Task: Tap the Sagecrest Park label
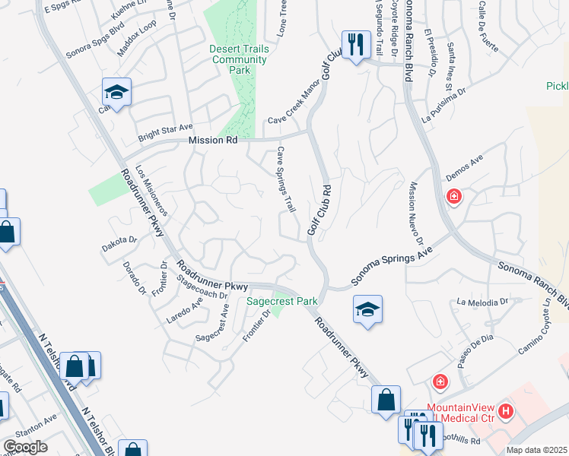282,302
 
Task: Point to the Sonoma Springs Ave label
391,266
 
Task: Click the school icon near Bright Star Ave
117,92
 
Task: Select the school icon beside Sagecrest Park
367,309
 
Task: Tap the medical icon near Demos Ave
454,198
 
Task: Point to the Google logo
25,447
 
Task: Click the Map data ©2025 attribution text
536,450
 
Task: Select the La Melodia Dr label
482,302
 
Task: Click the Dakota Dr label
119,244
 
